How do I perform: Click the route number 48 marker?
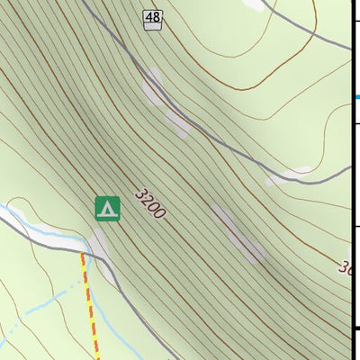tap(152, 16)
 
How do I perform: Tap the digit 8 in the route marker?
tap(156, 16)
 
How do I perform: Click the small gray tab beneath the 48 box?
tap(152, 27)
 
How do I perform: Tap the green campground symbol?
tap(107, 208)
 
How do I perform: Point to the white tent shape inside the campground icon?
tap(107, 209)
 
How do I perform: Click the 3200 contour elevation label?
tap(150, 204)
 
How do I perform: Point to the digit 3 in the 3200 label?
tap(140, 193)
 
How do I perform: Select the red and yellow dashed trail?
tap(90, 306)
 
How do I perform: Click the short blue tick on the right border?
tap(356, 97)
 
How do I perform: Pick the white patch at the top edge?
tap(256, 4)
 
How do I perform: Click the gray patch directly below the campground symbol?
tap(99, 241)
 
